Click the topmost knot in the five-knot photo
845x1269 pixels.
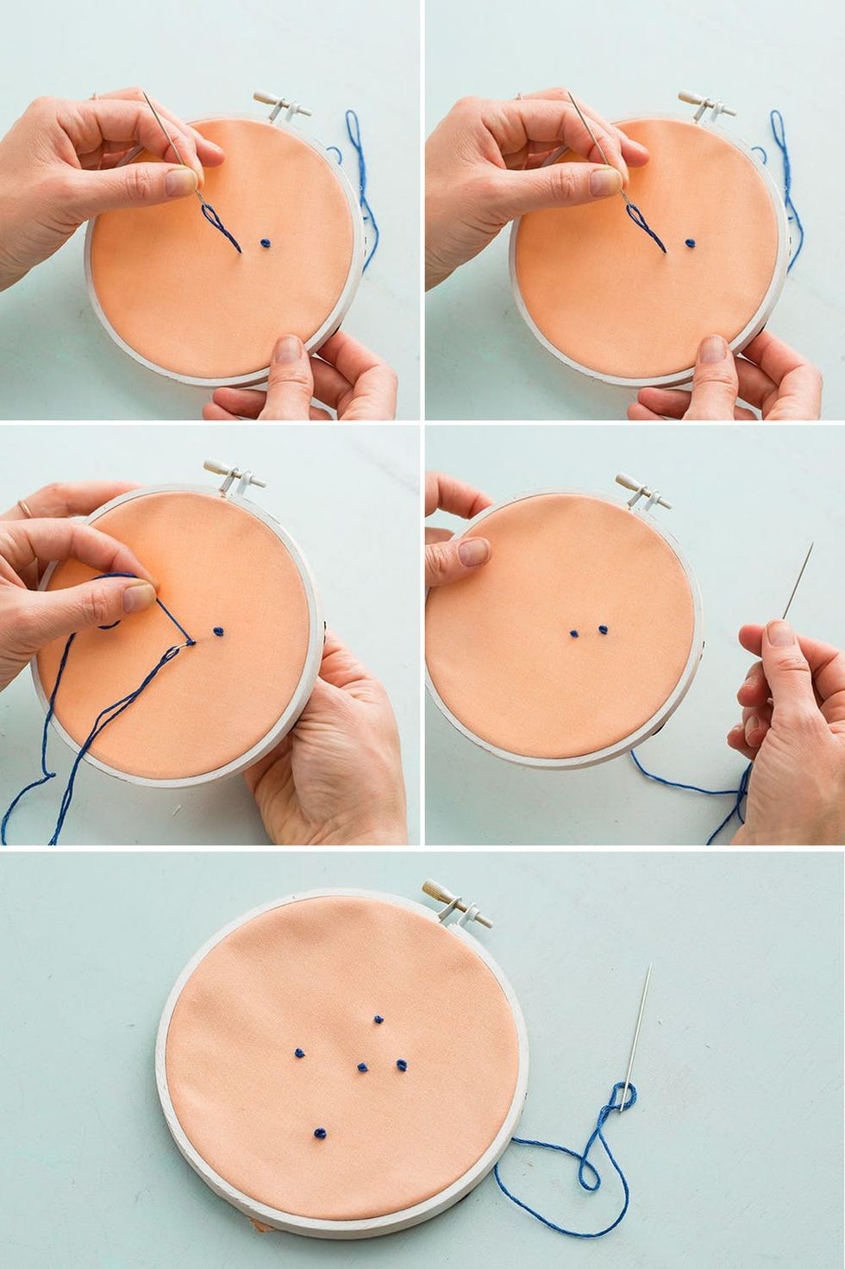pos(377,1021)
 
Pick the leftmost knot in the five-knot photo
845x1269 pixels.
pos(298,1052)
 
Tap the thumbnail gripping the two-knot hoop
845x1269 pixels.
pos(473,551)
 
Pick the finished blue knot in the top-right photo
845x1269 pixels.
pos(690,243)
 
